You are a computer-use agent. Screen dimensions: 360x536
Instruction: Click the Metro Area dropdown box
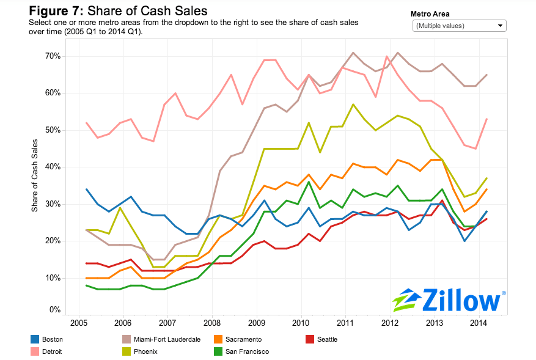coord(460,26)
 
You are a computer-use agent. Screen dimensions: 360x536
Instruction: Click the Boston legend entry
coord(53,339)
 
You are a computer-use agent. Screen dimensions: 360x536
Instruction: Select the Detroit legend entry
coord(53,351)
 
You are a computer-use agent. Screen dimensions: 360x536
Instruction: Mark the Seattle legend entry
coord(327,339)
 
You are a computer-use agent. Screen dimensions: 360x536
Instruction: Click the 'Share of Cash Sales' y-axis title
coord(35,176)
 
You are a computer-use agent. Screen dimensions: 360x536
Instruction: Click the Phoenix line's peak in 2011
coord(353,105)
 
